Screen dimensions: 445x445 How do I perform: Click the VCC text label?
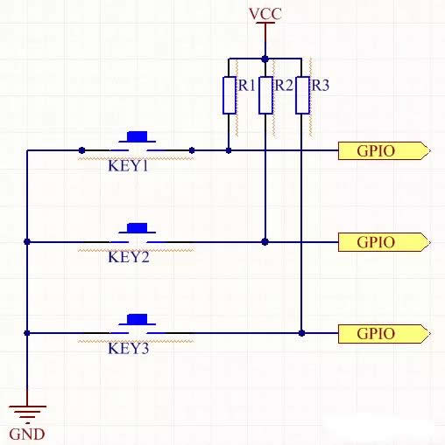pyautogui.click(x=265, y=14)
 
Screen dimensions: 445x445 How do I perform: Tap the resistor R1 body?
pyautogui.click(x=229, y=95)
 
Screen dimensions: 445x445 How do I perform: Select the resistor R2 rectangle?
pyautogui.click(x=265, y=95)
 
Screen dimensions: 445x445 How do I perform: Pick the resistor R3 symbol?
pyautogui.click(x=301, y=95)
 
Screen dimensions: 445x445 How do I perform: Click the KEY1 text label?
pyautogui.click(x=128, y=165)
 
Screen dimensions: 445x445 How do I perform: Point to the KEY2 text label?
pyautogui.click(x=128, y=257)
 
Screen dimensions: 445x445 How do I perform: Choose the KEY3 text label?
pyautogui.click(x=128, y=348)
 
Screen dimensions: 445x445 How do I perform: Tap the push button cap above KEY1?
pyautogui.click(x=138, y=136)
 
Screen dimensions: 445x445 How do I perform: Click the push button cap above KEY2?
pyautogui.click(x=138, y=228)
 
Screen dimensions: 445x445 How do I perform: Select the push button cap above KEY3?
pyautogui.click(x=138, y=319)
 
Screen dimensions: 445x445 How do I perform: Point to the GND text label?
pyautogui.click(x=26, y=434)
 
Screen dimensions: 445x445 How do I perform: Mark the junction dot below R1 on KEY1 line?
pyautogui.click(x=229, y=150)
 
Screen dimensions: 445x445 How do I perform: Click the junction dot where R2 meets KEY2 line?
pyautogui.click(x=265, y=241)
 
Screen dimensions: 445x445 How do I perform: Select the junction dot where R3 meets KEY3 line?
pyautogui.click(x=301, y=333)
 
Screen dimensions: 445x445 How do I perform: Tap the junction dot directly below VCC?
pyautogui.click(x=265, y=59)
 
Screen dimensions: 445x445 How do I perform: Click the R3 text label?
pyautogui.click(x=321, y=86)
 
